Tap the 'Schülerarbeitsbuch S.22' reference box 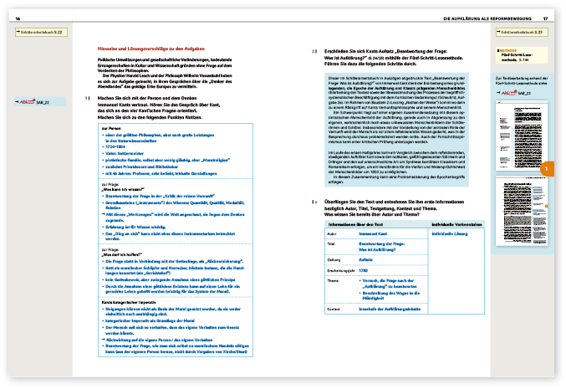pyautogui.click(x=37, y=32)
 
